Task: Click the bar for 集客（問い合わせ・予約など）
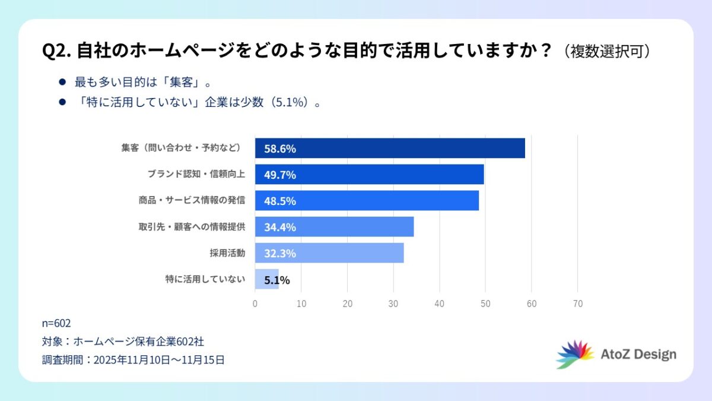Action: [x=390, y=149]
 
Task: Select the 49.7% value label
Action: [x=280, y=175]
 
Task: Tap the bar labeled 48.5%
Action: [x=367, y=201]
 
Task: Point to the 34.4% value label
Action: [x=280, y=227]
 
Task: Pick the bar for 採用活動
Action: [x=329, y=253]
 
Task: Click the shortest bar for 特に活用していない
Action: [x=266, y=279]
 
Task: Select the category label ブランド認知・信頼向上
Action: [x=196, y=174]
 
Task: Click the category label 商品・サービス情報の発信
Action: [x=192, y=200]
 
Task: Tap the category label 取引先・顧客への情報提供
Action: [x=192, y=226]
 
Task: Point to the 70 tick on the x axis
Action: [x=577, y=304]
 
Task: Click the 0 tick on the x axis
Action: [x=255, y=304]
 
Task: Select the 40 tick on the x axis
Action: [x=439, y=304]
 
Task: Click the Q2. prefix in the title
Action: [x=57, y=52]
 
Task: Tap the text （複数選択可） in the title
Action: [x=608, y=52]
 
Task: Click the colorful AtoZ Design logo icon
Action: [x=575, y=354]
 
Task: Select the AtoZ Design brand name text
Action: [x=638, y=355]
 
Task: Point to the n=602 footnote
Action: [x=56, y=323]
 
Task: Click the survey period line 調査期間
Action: [x=133, y=359]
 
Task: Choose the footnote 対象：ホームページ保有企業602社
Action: [x=123, y=342]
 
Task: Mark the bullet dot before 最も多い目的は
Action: [x=61, y=82]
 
